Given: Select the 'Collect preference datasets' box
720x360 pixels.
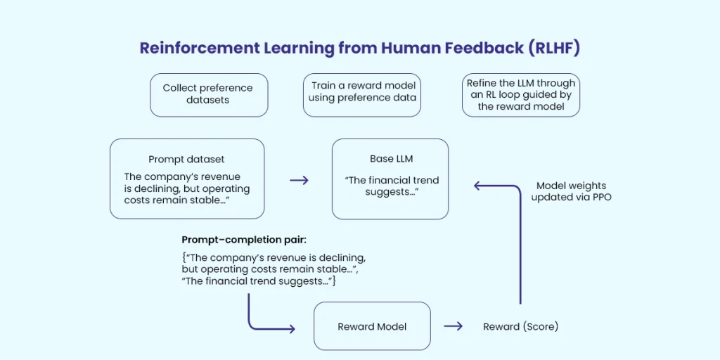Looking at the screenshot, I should point(208,94).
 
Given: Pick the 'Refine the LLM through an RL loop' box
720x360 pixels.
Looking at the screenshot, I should point(520,94).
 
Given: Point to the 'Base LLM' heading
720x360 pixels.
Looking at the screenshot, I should point(391,159).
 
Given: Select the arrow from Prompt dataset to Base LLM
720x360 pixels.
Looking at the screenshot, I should point(299,181).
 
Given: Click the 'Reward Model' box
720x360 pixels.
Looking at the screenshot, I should point(372,326).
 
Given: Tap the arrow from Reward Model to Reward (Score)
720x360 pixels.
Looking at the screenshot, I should point(454,326).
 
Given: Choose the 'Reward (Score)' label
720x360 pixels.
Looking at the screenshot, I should point(520,327).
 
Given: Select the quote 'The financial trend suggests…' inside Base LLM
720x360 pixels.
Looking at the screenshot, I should point(391,186).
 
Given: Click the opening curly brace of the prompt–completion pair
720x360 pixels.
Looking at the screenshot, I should point(184,258).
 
